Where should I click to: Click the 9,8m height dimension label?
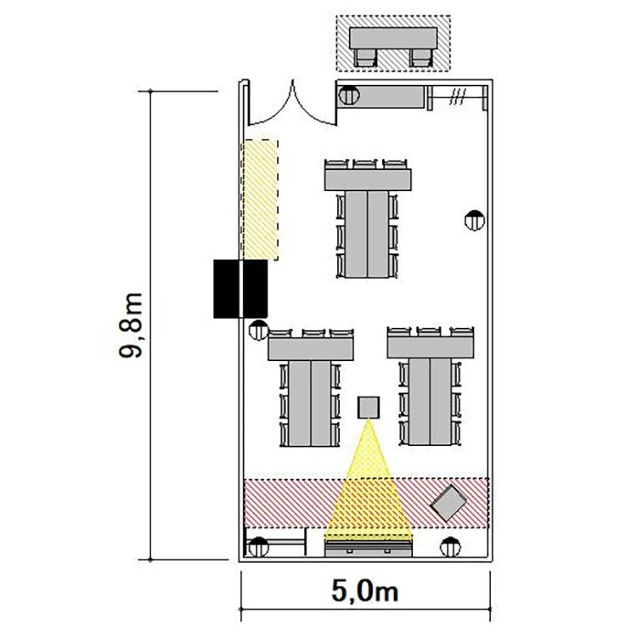coord(131,325)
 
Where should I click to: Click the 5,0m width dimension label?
coord(364,591)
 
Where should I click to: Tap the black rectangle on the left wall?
coord(240,289)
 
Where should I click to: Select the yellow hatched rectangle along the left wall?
coord(261,200)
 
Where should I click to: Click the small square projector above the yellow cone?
coord(369,408)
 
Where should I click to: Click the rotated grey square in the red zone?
coord(448,504)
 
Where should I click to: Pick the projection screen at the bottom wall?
coord(369,548)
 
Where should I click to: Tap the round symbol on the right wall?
coord(475,221)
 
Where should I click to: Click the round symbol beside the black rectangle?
coord(259,330)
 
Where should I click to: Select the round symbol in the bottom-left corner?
coord(258,547)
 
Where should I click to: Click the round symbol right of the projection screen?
coord(450,547)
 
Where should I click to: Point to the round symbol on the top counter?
coord(349,96)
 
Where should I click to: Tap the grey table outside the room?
coord(393,38)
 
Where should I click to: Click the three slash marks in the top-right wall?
coord(457,98)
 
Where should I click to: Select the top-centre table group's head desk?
coord(368,180)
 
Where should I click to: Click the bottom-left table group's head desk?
coord(311,349)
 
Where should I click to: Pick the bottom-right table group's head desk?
coord(431,347)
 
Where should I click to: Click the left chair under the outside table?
coord(365,58)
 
